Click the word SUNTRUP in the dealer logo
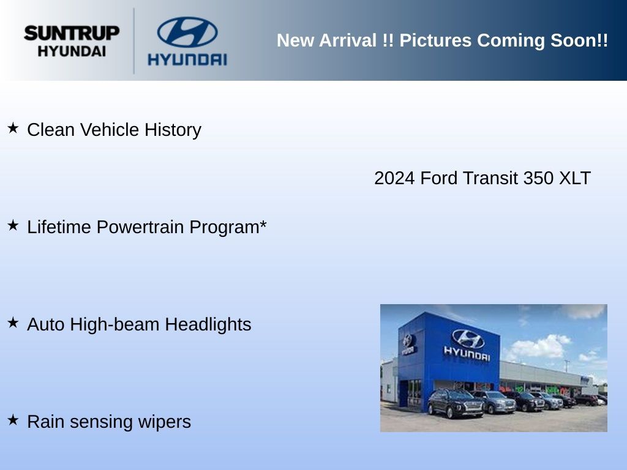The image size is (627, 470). [x=72, y=33]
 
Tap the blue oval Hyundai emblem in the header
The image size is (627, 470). [x=187, y=32]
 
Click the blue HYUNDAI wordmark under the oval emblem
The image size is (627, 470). [x=187, y=59]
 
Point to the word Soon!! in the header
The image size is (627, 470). [x=579, y=40]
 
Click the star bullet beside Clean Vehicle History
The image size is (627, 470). [x=13, y=129]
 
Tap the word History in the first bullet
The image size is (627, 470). [x=173, y=130]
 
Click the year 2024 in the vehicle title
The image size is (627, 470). [x=394, y=178]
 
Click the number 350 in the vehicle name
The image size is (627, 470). [x=538, y=178]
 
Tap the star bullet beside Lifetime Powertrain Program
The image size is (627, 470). [x=13, y=225]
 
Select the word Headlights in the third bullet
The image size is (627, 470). [x=208, y=324]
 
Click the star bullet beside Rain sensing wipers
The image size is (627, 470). [x=13, y=420]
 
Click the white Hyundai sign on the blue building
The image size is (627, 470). [x=467, y=345]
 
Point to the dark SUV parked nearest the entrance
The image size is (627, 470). [x=456, y=403]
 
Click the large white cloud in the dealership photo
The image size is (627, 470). [x=538, y=346]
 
